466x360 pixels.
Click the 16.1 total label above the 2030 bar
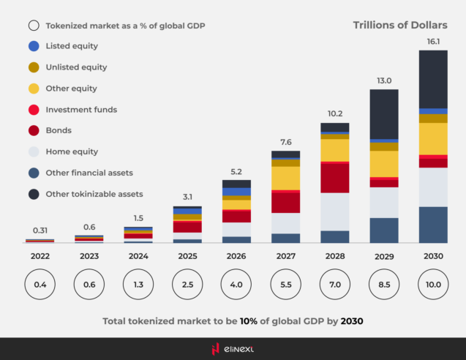tap(433, 42)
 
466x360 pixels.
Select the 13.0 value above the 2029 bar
tap(384, 80)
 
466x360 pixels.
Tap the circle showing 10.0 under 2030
tap(433, 284)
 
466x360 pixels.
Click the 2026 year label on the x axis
tap(236, 256)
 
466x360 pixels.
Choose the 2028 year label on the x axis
tap(334, 256)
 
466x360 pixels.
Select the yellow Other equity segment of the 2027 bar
tap(285, 178)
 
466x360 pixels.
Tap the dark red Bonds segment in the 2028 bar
tap(334, 178)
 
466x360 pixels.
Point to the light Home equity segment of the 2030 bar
tap(433, 187)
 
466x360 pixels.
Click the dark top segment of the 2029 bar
tap(384, 113)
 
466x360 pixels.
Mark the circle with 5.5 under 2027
tap(285, 284)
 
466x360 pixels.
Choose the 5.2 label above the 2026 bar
tap(236, 171)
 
